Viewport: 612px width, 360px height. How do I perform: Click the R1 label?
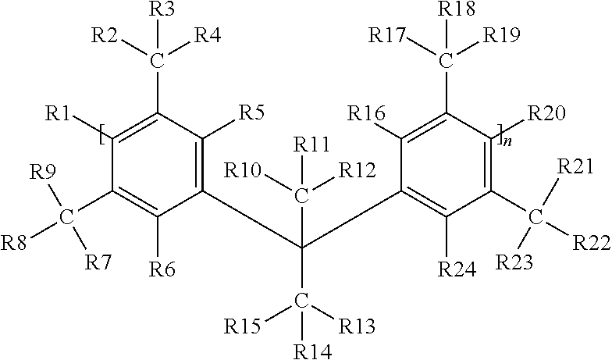(x=58, y=114)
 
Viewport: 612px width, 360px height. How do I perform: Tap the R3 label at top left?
(x=162, y=9)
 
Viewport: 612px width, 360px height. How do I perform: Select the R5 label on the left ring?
(x=251, y=112)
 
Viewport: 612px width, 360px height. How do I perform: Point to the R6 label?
(x=162, y=269)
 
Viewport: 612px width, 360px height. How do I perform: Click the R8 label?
(x=14, y=243)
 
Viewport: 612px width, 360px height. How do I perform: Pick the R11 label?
(x=311, y=145)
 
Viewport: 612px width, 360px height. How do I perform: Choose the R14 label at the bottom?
(x=312, y=351)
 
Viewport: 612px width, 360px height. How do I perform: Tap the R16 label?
(x=367, y=113)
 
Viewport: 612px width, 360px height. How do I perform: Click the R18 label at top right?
(x=456, y=9)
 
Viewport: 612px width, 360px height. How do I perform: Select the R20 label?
(x=546, y=114)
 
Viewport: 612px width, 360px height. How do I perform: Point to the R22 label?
(x=592, y=243)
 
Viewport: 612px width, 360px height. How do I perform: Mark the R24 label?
(x=457, y=269)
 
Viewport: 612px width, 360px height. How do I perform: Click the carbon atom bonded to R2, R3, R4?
(x=157, y=61)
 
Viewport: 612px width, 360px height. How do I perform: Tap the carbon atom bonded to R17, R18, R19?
(x=446, y=61)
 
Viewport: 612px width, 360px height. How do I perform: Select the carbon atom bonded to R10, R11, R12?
(x=301, y=196)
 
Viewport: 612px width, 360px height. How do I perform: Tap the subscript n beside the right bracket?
(x=507, y=142)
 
